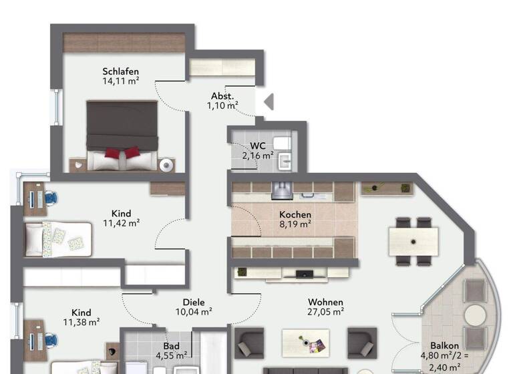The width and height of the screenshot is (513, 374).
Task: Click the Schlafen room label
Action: click(x=120, y=71)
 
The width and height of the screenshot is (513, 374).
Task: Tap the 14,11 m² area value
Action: click(x=120, y=81)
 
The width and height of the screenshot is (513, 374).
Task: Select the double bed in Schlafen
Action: click(x=122, y=134)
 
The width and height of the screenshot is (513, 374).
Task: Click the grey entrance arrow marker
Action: click(x=269, y=102)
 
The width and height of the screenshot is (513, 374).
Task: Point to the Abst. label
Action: click(x=222, y=96)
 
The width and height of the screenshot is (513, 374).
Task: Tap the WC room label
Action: click(x=258, y=146)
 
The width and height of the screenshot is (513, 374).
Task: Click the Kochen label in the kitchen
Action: click(x=295, y=215)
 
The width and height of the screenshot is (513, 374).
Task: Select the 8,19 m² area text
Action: click(x=295, y=225)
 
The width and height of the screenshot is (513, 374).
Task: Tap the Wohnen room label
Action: click(x=325, y=301)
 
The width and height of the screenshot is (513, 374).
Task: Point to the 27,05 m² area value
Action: click(x=325, y=311)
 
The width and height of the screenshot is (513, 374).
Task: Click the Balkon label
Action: click(x=444, y=345)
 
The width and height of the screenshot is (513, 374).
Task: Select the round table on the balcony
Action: click(x=476, y=315)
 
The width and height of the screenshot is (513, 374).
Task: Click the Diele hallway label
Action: click(x=194, y=301)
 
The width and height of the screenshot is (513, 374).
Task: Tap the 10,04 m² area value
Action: click(x=194, y=311)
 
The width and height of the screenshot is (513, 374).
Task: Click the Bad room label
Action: click(x=172, y=346)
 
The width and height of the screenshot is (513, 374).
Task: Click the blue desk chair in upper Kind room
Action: click(x=51, y=198)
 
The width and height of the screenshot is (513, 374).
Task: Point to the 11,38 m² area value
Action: click(x=81, y=323)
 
